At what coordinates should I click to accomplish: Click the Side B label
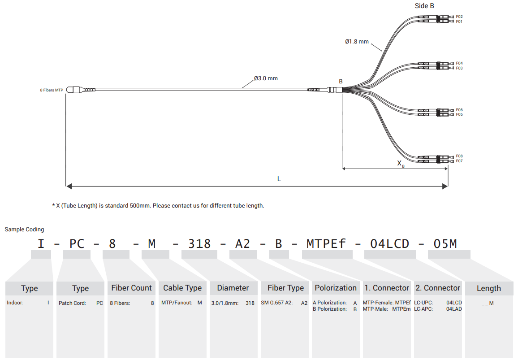[x=424, y=6]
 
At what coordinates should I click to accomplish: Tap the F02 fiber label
[x=459, y=17]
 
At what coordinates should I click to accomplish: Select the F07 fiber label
[x=459, y=161]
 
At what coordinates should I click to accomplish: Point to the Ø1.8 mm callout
[x=357, y=42]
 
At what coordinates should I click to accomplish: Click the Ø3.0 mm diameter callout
[x=266, y=78]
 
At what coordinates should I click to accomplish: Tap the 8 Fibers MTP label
[x=52, y=90]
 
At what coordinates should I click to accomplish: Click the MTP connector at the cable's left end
[x=73, y=90]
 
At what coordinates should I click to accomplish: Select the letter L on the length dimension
[x=279, y=179]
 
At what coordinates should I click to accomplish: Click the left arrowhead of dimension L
[x=69, y=187]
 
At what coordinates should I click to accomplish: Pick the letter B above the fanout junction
[x=341, y=81]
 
